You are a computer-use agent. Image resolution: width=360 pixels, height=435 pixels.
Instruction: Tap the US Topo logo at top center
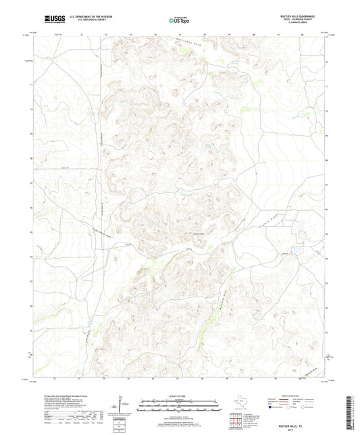[178, 20]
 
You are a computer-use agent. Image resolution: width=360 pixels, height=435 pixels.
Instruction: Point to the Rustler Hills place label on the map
[200, 234]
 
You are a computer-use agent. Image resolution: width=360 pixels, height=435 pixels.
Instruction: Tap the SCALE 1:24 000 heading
[180, 396]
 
